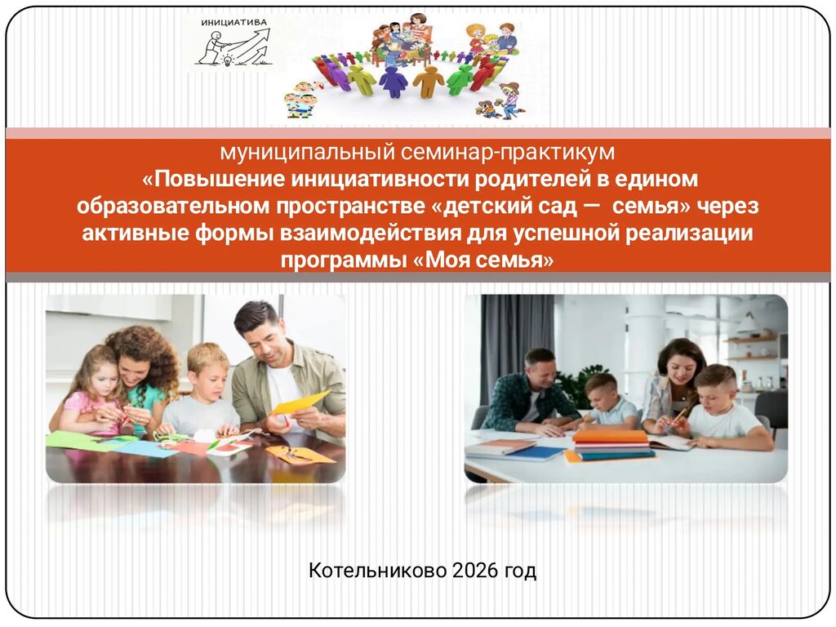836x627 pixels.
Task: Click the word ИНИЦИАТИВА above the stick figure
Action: pos(234,22)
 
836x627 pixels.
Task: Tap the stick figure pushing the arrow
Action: pos(210,48)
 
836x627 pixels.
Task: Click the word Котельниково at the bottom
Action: pos(377,571)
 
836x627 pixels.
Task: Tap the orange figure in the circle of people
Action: pos(429,81)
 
